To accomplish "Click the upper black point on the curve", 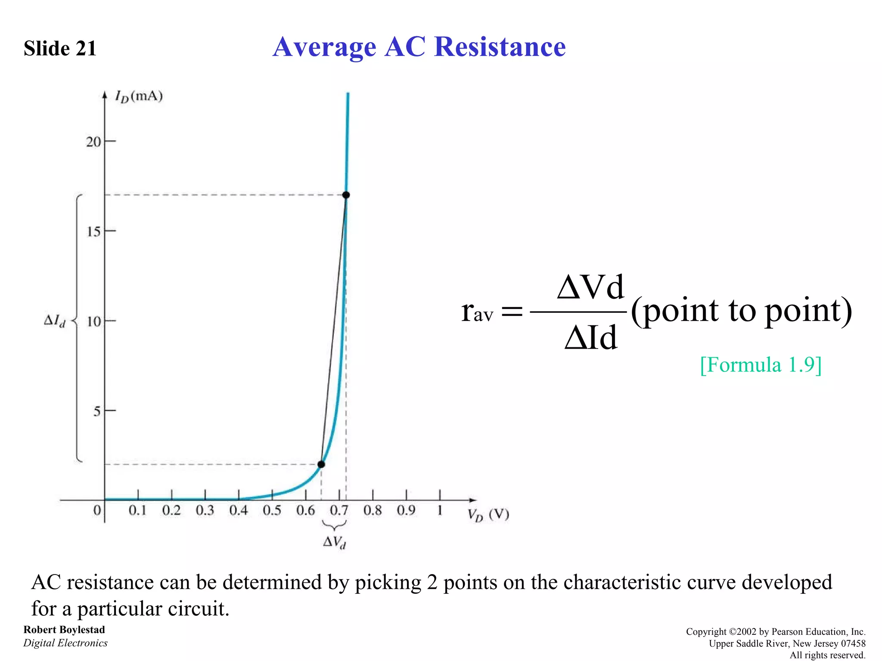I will click(x=346, y=195).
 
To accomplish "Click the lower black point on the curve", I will click(x=321, y=464).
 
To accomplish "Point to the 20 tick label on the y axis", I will click(x=93, y=142).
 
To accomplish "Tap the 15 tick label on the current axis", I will click(x=93, y=232).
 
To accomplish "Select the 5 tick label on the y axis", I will click(x=97, y=411).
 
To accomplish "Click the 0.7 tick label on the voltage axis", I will click(x=339, y=511).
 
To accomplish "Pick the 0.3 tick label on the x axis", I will click(x=205, y=511).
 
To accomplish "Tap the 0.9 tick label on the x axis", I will click(x=406, y=511).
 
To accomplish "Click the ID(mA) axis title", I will click(x=139, y=96).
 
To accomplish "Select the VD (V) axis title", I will click(x=488, y=515).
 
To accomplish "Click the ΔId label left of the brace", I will click(x=55, y=321).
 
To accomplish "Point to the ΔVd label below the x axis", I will click(x=335, y=542).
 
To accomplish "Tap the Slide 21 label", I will click(x=60, y=48).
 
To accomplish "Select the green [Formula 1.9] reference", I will click(x=761, y=365).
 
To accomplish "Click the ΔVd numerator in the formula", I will click(x=590, y=287).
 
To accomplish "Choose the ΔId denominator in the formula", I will click(x=591, y=338).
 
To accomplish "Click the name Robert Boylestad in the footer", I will click(x=64, y=630).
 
